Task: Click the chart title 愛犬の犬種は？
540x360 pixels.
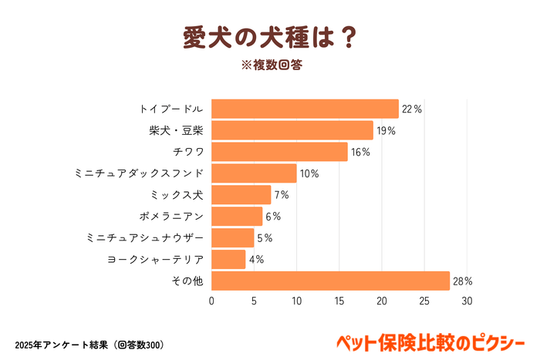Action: point(269,36)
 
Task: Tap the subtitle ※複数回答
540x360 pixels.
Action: point(269,65)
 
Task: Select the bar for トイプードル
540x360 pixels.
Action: point(305,109)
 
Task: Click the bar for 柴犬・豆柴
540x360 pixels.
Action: point(292,130)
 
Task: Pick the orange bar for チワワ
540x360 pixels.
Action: point(279,152)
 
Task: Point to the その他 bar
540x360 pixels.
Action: point(330,281)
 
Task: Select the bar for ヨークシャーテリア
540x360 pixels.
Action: point(228,259)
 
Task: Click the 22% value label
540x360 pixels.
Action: point(412,109)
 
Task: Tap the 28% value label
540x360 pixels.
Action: point(463,281)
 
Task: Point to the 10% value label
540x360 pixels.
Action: point(309,173)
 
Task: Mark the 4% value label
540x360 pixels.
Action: point(256,260)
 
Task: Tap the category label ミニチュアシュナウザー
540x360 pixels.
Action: point(145,238)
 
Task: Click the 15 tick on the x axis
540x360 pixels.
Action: point(339,301)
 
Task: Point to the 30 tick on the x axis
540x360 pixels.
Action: point(466,301)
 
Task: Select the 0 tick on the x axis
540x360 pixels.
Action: point(211,301)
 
